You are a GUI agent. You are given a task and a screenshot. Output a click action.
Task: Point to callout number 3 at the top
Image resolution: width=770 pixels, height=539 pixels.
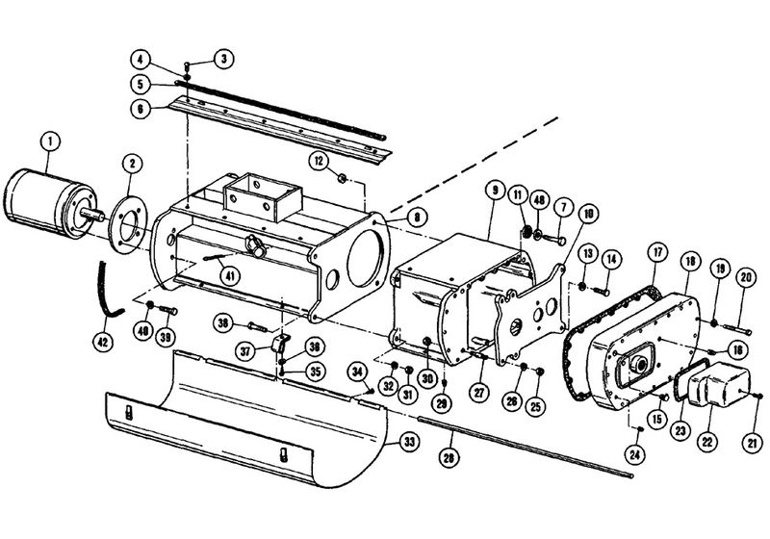[x=222, y=59]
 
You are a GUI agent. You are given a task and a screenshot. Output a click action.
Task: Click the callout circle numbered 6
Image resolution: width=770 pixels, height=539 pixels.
[x=141, y=109]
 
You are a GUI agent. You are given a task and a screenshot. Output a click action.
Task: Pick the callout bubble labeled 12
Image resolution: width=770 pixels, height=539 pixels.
[x=319, y=158]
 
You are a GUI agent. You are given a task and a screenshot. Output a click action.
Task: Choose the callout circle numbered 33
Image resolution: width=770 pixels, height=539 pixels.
[x=409, y=442]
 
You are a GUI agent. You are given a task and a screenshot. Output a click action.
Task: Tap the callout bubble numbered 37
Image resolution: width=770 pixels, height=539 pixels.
[x=246, y=350]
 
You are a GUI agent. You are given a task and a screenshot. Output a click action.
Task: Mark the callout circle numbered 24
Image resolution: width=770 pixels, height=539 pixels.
[x=636, y=452]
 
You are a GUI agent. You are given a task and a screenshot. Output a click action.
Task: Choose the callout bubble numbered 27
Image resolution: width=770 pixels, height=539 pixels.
[x=477, y=391]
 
